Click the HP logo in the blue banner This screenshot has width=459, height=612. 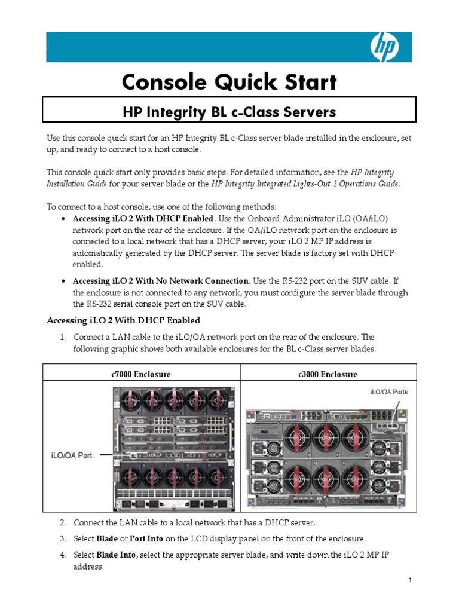[x=385, y=47]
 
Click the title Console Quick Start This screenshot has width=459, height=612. [x=229, y=82]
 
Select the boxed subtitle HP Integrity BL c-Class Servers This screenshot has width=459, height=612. [x=229, y=112]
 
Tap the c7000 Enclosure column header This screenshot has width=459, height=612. [x=141, y=374]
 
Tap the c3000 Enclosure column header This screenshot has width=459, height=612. [x=328, y=374]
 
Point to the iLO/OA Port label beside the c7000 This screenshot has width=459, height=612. [x=72, y=455]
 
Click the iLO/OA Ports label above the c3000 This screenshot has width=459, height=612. [x=388, y=392]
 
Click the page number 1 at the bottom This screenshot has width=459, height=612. [x=410, y=580]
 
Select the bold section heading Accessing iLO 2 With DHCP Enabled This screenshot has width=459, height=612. [x=123, y=320]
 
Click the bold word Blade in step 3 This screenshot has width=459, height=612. [x=107, y=538]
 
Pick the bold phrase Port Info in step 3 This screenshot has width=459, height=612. [x=146, y=538]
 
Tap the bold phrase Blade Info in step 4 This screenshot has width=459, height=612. [x=116, y=555]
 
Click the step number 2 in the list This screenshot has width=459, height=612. [x=62, y=522]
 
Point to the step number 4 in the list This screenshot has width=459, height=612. [x=62, y=555]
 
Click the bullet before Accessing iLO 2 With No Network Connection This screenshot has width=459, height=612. [x=63, y=281]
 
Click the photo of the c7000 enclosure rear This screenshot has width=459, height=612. [x=174, y=448]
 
